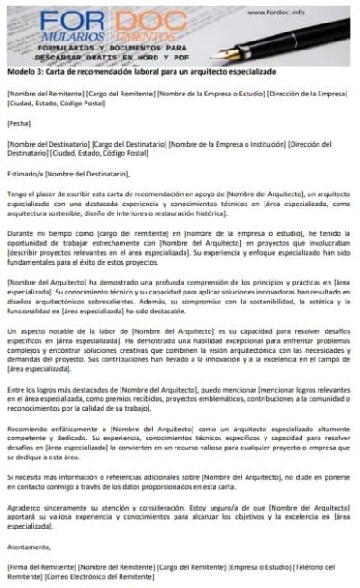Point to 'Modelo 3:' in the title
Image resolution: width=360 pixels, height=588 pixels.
click(x=24, y=71)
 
